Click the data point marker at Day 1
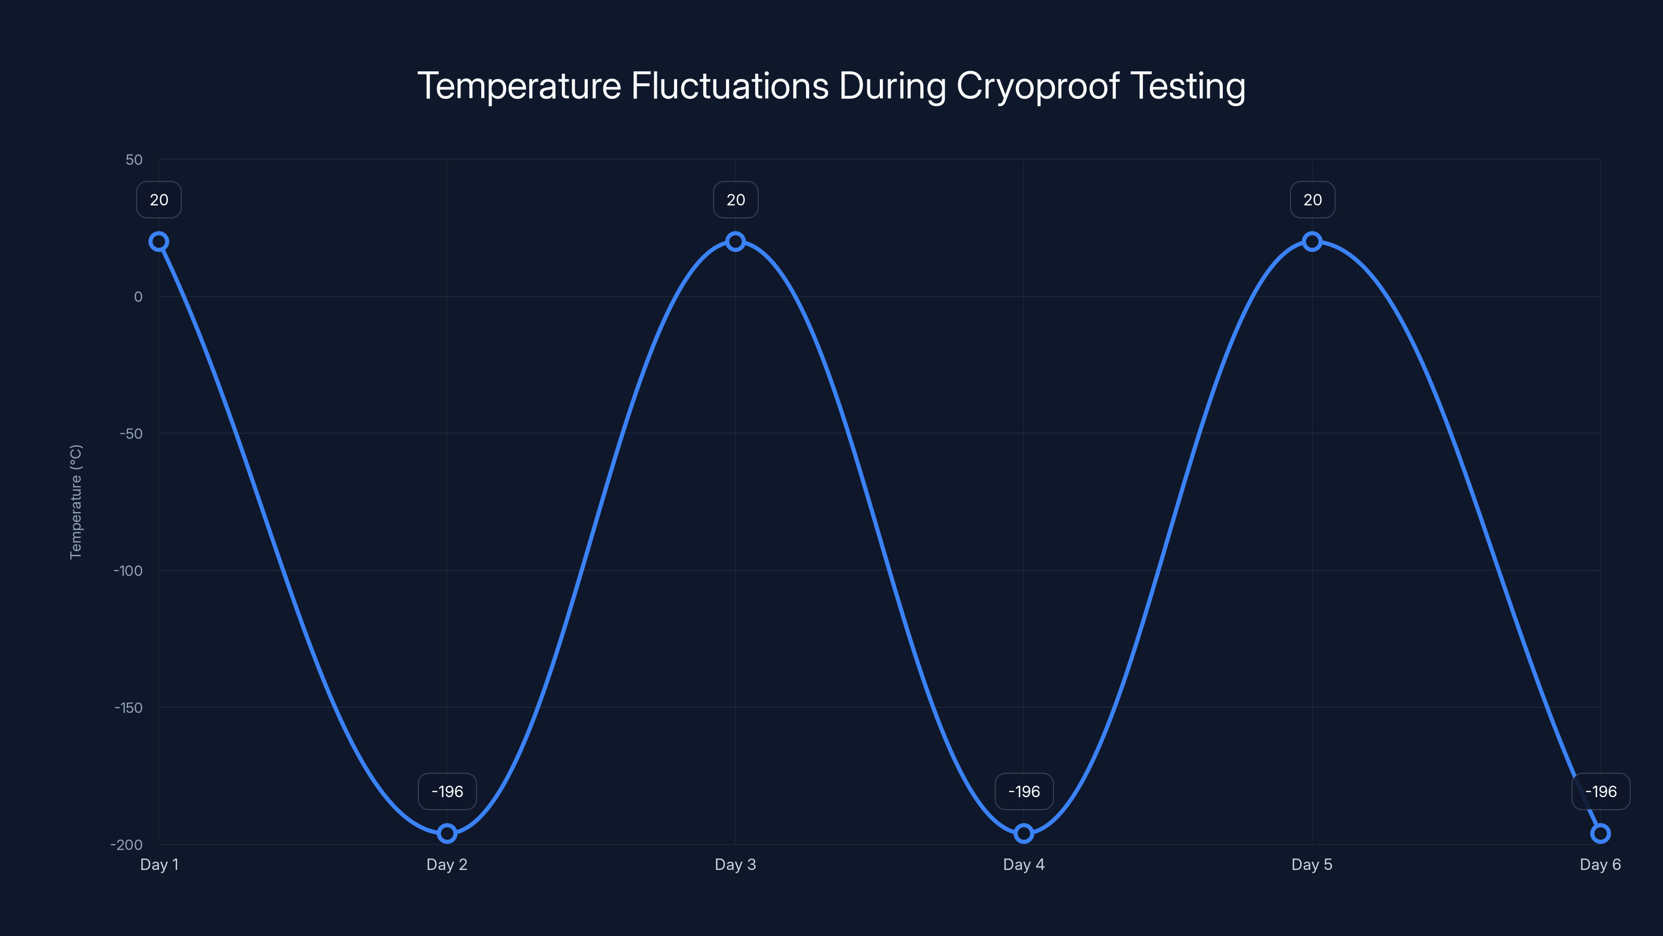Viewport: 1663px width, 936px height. click(x=159, y=242)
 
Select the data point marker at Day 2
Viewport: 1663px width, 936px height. click(x=447, y=833)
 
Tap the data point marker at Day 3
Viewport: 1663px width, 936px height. click(x=735, y=242)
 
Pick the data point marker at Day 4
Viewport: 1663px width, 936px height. click(x=1023, y=833)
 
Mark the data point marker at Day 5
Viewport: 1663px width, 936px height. click(x=1312, y=242)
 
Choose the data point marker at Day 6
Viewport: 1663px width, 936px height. click(x=1601, y=833)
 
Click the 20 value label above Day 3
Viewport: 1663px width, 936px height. click(x=735, y=200)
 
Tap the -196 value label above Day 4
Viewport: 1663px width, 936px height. click(x=1024, y=791)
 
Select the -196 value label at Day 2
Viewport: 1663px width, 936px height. click(x=447, y=791)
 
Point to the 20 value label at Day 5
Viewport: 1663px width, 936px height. click(x=1312, y=200)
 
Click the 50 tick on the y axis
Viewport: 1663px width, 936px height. click(x=134, y=160)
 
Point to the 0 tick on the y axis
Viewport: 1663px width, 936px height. click(x=138, y=296)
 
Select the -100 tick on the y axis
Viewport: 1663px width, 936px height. click(x=128, y=570)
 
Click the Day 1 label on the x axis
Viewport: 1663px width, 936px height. click(x=159, y=864)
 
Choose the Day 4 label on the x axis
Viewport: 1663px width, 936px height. click(x=1023, y=864)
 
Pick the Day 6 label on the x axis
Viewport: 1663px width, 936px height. click(x=1600, y=864)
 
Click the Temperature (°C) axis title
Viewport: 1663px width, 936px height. click(x=76, y=501)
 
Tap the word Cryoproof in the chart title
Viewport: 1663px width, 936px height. click(x=1037, y=86)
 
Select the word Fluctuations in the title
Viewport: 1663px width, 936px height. click(x=730, y=86)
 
